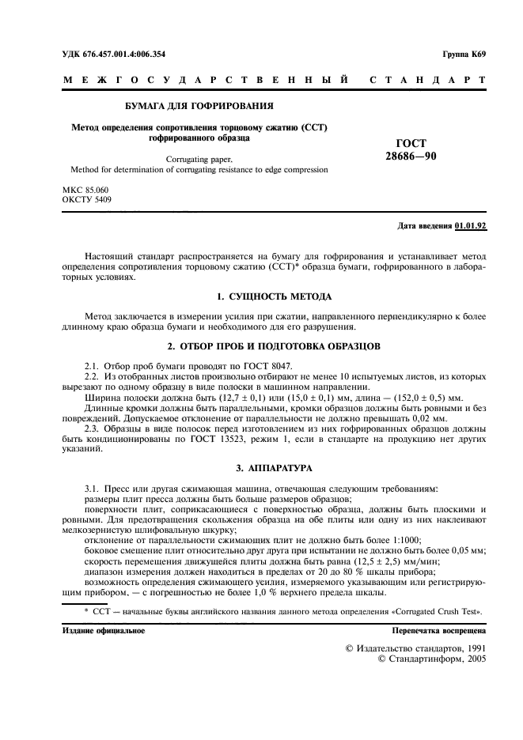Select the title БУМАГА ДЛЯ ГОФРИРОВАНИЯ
(x=199, y=106)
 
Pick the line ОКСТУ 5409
(x=87, y=200)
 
